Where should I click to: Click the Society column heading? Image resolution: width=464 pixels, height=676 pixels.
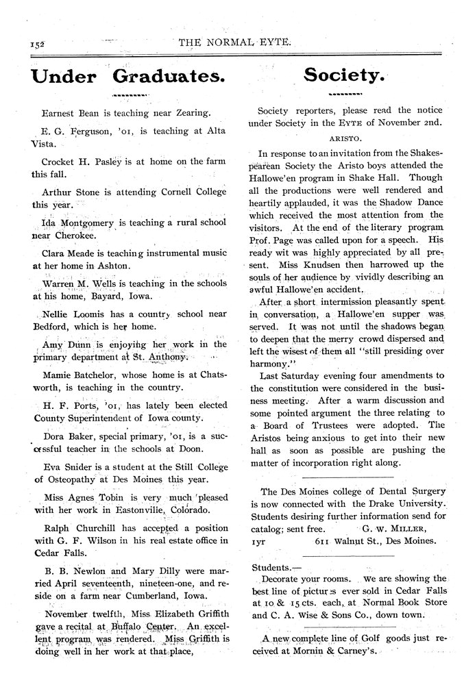(345, 75)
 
